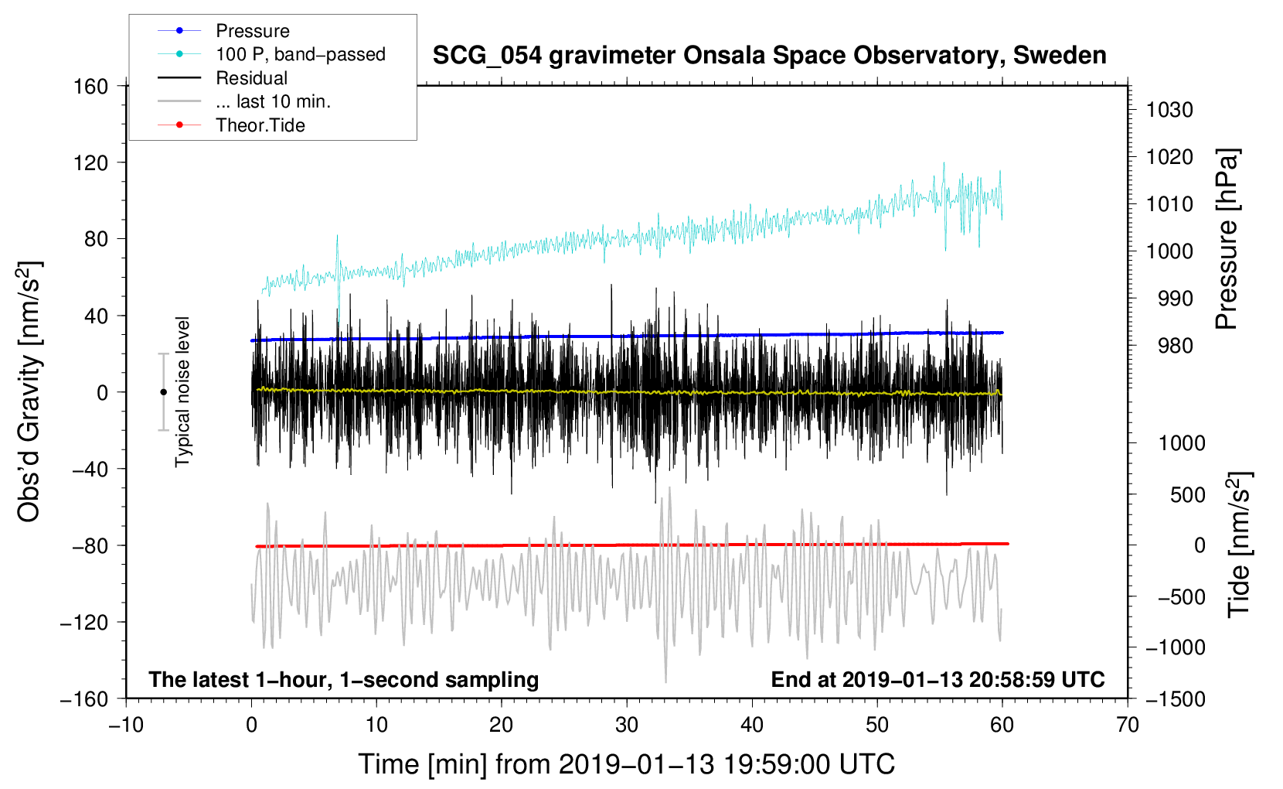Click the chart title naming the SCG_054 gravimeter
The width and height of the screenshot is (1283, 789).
pyautogui.click(x=769, y=56)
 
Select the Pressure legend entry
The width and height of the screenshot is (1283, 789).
pyautogui.click(x=253, y=31)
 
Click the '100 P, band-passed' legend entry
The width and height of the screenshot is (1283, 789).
pyautogui.click(x=300, y=54)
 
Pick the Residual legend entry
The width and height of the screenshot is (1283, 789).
pyautogui.click(x=251, y=78)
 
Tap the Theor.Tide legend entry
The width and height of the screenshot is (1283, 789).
pyautogui.click(x=260, y=125)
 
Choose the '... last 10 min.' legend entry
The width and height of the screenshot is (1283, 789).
pyautogui.click(x=273, y=101)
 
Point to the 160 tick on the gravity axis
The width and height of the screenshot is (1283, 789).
pyautogui.click(x=91, y=86)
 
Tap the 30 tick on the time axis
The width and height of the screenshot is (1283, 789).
pyautogui.click(x=627, y=725)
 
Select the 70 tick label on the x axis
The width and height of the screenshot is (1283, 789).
pyautogui.click(x=1128, y=725)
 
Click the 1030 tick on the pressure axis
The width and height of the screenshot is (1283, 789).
pyautogui.click(x=1169, y=110)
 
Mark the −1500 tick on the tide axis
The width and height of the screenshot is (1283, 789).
pyautogui.click(x=1175, y=698)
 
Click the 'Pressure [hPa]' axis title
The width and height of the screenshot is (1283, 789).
pyautogui.click(x=1227, y=239)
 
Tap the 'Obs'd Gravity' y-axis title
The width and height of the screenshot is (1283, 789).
pyautogui.click(x=29, y=391)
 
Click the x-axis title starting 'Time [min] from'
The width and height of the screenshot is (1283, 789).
pyautogui.click(x=626, y=764)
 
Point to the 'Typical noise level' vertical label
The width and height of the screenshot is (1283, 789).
pyautogui.click(x=182, y=391)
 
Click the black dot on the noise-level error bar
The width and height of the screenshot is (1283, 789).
pyautogui.click(x=163, y=392)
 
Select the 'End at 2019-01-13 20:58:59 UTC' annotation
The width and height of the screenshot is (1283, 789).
pyautogui.click(x=938, y=680)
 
